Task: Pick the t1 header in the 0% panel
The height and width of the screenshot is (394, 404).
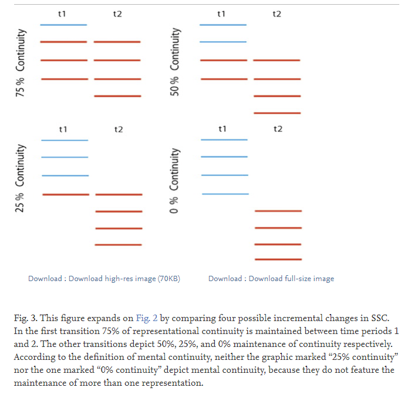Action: click(223, 129)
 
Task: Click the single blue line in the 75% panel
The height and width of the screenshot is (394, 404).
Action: click(63, 25)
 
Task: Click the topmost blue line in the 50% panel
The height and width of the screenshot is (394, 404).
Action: click(223, 25)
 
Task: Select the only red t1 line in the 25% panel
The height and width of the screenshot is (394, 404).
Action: click(65, 194)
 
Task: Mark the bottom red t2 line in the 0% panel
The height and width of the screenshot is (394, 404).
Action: click(278, 259)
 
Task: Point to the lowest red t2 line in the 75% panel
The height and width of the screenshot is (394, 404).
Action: click(117, 96)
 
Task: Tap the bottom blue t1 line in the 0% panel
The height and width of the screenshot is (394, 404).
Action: click(224, 193)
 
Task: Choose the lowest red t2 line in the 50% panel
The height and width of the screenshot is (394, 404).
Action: click(277, 113)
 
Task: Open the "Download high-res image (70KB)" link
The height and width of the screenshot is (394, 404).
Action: click(124, 279)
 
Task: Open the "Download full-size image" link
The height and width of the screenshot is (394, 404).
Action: click(291, 279)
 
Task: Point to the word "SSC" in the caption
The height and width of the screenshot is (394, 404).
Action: click(375, 318)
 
